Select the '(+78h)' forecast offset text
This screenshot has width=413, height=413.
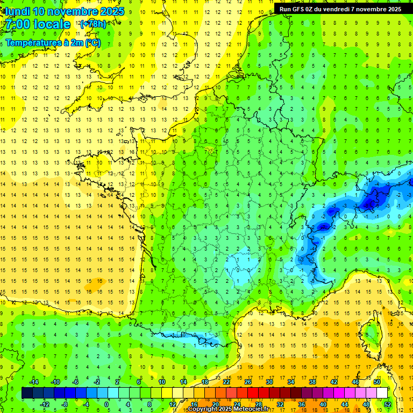(x=93, y=24)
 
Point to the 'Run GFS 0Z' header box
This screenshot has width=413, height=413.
(x=340, y=9)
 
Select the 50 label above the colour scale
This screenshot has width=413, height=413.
(x=377, y=381)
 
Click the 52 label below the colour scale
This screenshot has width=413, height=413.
(x=388, y=404)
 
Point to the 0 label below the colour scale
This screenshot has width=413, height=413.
(x=106, y=404)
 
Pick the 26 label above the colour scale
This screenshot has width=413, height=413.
(x=248, y=381)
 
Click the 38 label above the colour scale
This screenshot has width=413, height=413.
(x=312, y=381)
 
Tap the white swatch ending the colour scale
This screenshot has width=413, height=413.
(x=382, y=393)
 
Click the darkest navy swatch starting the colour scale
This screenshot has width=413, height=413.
(x=27, y=393)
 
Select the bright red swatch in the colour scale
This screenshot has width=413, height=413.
(x=253, y=393)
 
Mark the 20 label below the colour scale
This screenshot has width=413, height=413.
(x=215, y=404)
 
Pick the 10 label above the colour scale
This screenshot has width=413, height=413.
(x=161, y=381)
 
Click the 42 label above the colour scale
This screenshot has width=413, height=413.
(x=334, y=381)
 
